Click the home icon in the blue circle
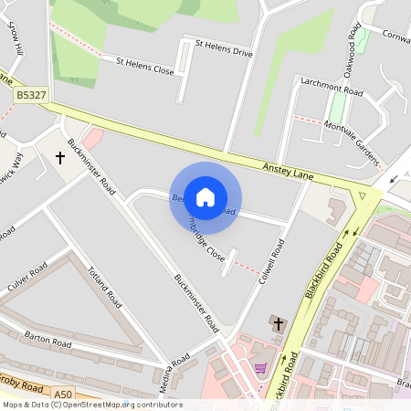click(205, 196)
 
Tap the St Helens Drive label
click(224, 47)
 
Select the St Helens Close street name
click(144, 65)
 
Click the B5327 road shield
click(31, 94)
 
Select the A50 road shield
click(62, 395)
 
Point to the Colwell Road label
click(272, 259)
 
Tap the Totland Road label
click(103, 284)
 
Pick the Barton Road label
click(48, 339)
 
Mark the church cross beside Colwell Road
click(278, 324)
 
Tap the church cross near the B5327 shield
click(60, 158)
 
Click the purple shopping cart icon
click(261, 368)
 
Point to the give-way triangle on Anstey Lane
click(364, 195)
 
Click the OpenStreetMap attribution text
click(91, 405)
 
